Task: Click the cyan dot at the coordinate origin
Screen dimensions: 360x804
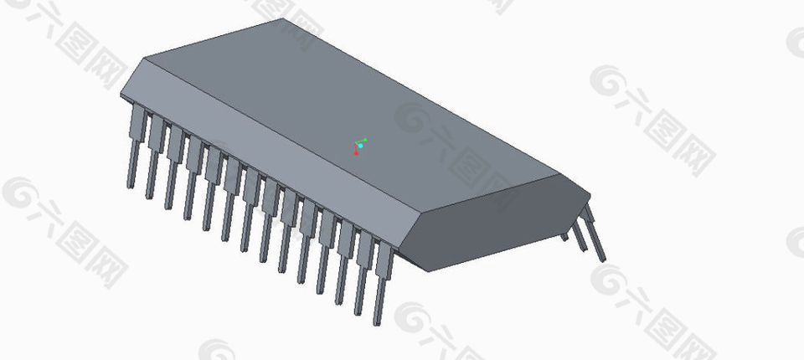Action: (x=360, y=146)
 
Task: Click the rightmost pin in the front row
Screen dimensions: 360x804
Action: (x=382, y=280)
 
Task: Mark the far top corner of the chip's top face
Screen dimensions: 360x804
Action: (x=283, y=19)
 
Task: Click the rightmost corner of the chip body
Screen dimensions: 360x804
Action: (x=590, y=198)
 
